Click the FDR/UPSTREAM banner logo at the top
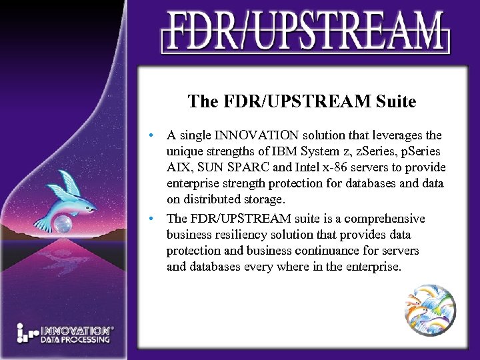pos(304,31)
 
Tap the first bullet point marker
pos(153,135)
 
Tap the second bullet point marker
pos(153,219)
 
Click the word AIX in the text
pos(178,167)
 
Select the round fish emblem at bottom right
pos(431,307)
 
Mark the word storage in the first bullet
pos(262,199)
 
